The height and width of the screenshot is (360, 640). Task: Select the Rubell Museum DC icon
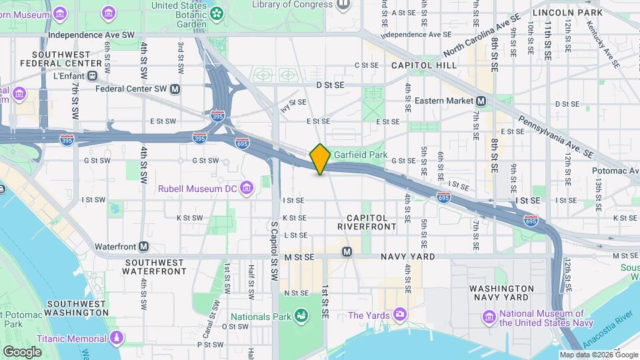[247, 188]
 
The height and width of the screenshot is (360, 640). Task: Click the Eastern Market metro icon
[481, 101]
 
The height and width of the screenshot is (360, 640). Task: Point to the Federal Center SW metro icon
[175, 88]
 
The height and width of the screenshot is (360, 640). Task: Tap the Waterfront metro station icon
[144, 246]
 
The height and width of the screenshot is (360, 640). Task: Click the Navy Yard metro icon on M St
[347, 251]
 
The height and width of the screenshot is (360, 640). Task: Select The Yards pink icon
[399, 314]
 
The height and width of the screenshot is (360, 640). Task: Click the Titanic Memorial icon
[117, 338]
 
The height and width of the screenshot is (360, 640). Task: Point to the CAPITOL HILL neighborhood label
[424, 65]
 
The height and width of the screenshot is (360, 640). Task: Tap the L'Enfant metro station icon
[93, 75]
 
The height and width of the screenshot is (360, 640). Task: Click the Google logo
[22, 351]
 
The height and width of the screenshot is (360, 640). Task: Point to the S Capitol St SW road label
[274, 253]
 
